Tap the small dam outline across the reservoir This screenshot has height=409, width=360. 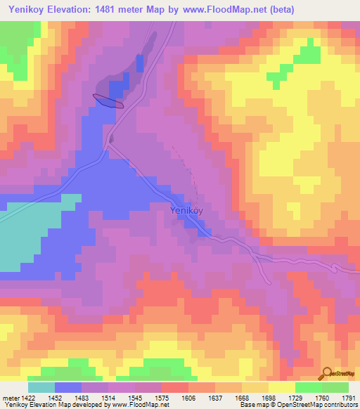[108, 101]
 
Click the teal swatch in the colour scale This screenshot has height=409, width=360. [41, 387]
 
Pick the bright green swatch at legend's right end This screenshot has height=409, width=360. [335, 387]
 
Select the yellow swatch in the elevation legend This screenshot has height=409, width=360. [281, 387]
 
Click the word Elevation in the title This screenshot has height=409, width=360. [75, 10]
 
